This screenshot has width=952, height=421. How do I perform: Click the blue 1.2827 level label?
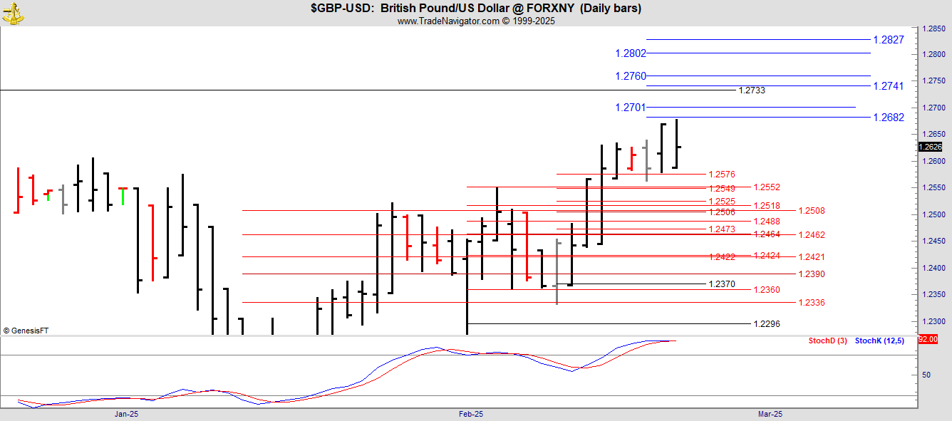point(889,40)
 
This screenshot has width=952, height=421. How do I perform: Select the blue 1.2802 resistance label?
point(631,53)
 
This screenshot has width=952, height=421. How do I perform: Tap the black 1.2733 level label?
point(752,90)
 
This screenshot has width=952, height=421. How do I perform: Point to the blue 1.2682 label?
point(889,118)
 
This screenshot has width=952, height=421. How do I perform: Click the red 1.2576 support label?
point(722,175)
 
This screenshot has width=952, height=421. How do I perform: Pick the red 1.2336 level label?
point(812,303)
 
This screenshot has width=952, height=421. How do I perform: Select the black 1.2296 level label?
point(767,324)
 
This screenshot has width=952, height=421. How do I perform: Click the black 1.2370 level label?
point(722,284)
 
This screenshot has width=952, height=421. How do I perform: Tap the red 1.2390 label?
point(812,274)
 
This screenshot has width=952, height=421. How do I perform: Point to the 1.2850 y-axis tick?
point(933,29)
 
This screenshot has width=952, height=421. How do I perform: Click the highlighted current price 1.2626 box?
point(931,147)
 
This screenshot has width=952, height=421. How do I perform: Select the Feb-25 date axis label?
point(471,414)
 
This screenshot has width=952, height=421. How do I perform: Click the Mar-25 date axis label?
point(770,414)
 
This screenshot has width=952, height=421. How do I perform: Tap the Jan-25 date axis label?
point(126,414)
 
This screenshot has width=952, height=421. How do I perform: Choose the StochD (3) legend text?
point(827,341)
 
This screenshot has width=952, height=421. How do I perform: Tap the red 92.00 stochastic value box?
point(928,339)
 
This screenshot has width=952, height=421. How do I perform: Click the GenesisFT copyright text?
point(26,331)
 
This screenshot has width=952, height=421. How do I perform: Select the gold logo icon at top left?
point(13,14)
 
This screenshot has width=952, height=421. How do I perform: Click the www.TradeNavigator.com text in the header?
point(448,21)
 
